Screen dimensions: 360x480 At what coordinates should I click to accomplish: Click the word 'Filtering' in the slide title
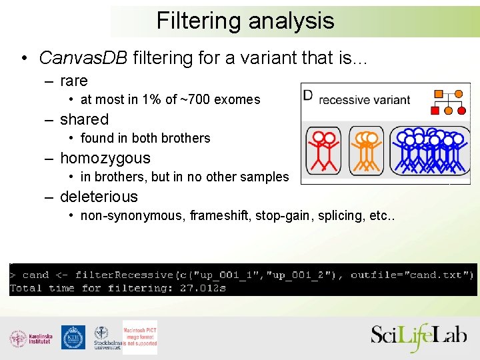199,21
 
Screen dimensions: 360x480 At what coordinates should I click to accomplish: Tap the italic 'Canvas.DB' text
83,58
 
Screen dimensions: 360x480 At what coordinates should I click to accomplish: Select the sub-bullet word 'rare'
74,81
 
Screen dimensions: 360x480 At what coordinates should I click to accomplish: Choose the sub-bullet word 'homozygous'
105,158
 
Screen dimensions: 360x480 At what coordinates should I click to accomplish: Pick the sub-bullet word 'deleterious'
99,197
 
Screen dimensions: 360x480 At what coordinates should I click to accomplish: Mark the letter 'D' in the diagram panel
307,95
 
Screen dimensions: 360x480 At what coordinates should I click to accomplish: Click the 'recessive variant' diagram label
365,100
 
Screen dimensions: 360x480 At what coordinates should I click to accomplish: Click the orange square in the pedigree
439,94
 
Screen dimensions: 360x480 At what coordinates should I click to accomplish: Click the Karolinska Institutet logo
31,338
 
